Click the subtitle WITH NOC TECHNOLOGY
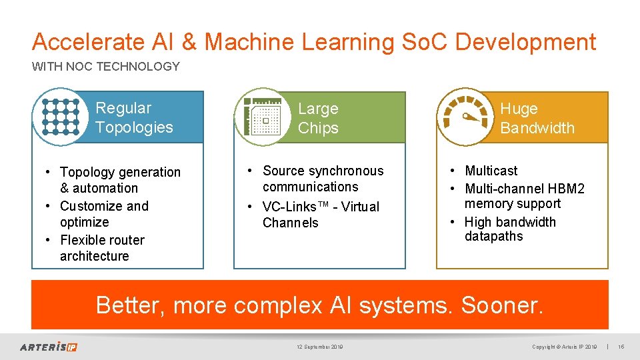point(106,67)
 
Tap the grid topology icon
point(60,117)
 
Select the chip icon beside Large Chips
point(262,118)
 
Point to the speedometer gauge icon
point(465,117)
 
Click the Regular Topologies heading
point(134,117)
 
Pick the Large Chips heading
point(318,118)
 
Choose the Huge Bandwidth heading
point(537,118)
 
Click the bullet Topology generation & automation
point(119,180)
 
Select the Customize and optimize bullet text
point(104,214)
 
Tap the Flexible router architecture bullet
point(101,248)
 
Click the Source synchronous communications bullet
point(323,179)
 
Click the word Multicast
point(491,171)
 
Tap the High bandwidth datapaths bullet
point(509,229)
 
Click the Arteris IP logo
point(49,347)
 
